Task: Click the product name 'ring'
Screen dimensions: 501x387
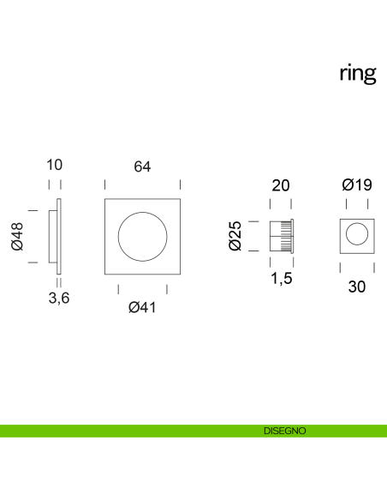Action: (357, 74)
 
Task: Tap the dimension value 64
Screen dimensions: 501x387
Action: (142, 167)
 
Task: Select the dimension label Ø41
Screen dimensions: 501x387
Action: (142, 307)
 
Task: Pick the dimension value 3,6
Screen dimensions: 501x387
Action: (58, 298)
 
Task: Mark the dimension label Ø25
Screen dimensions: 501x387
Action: (236, 235)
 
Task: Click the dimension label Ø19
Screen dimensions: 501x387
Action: (356, 185)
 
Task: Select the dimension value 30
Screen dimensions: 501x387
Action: (357, 287)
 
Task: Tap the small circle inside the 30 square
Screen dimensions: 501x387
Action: (356, 235)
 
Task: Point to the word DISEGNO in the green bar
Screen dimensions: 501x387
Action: (285, 431)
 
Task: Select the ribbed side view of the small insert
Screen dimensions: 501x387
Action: (282, 235)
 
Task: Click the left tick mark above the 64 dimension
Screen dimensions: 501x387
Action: (104, 184)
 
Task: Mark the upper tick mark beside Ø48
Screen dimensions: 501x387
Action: (33, 208)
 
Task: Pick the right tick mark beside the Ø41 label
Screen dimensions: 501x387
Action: (167, 288)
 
